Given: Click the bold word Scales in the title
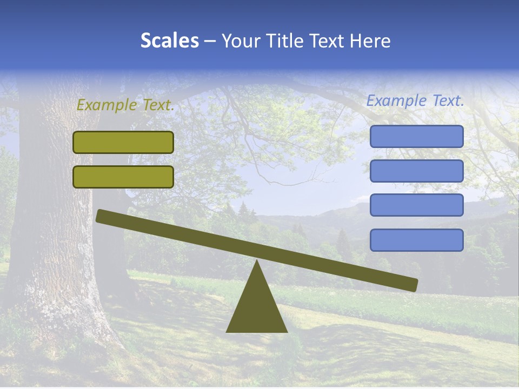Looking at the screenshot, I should [x=170, y=41].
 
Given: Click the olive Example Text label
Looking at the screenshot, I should [x=125, y=105].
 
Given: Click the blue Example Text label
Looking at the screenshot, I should [x=415, y=100].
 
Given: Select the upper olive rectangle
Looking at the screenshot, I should [x=123, y=142].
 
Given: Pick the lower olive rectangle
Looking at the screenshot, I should [x=123, y=177].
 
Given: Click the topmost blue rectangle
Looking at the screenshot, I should [x=416, y=136].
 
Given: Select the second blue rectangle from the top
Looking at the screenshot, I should [x=416, y=171].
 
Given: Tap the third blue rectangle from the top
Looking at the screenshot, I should [x=416, y=205].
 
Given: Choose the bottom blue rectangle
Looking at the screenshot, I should [x=416, y=240].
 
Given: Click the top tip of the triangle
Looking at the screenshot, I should [x=257, y=262].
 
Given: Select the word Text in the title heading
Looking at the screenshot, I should [x=328, y=41].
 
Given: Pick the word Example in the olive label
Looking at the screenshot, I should [x=105, y=105].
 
